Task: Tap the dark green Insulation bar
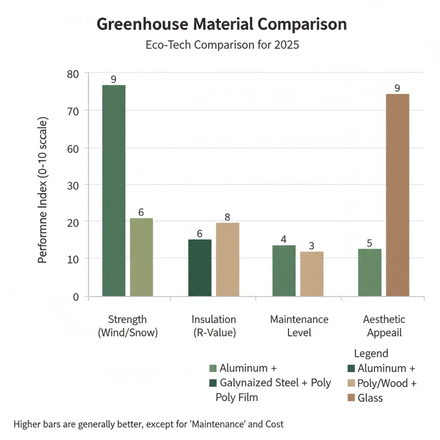click(200, 268)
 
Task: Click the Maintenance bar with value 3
click(312, 274)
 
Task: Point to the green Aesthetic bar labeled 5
click(370, 272)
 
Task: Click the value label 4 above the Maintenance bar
click(284, 239)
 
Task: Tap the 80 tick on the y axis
click(74, 74)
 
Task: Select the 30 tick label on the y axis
click(74, 185)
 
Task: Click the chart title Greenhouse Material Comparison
click(221, 24)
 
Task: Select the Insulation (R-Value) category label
click(214, 326)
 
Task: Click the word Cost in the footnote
click(275, 424)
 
